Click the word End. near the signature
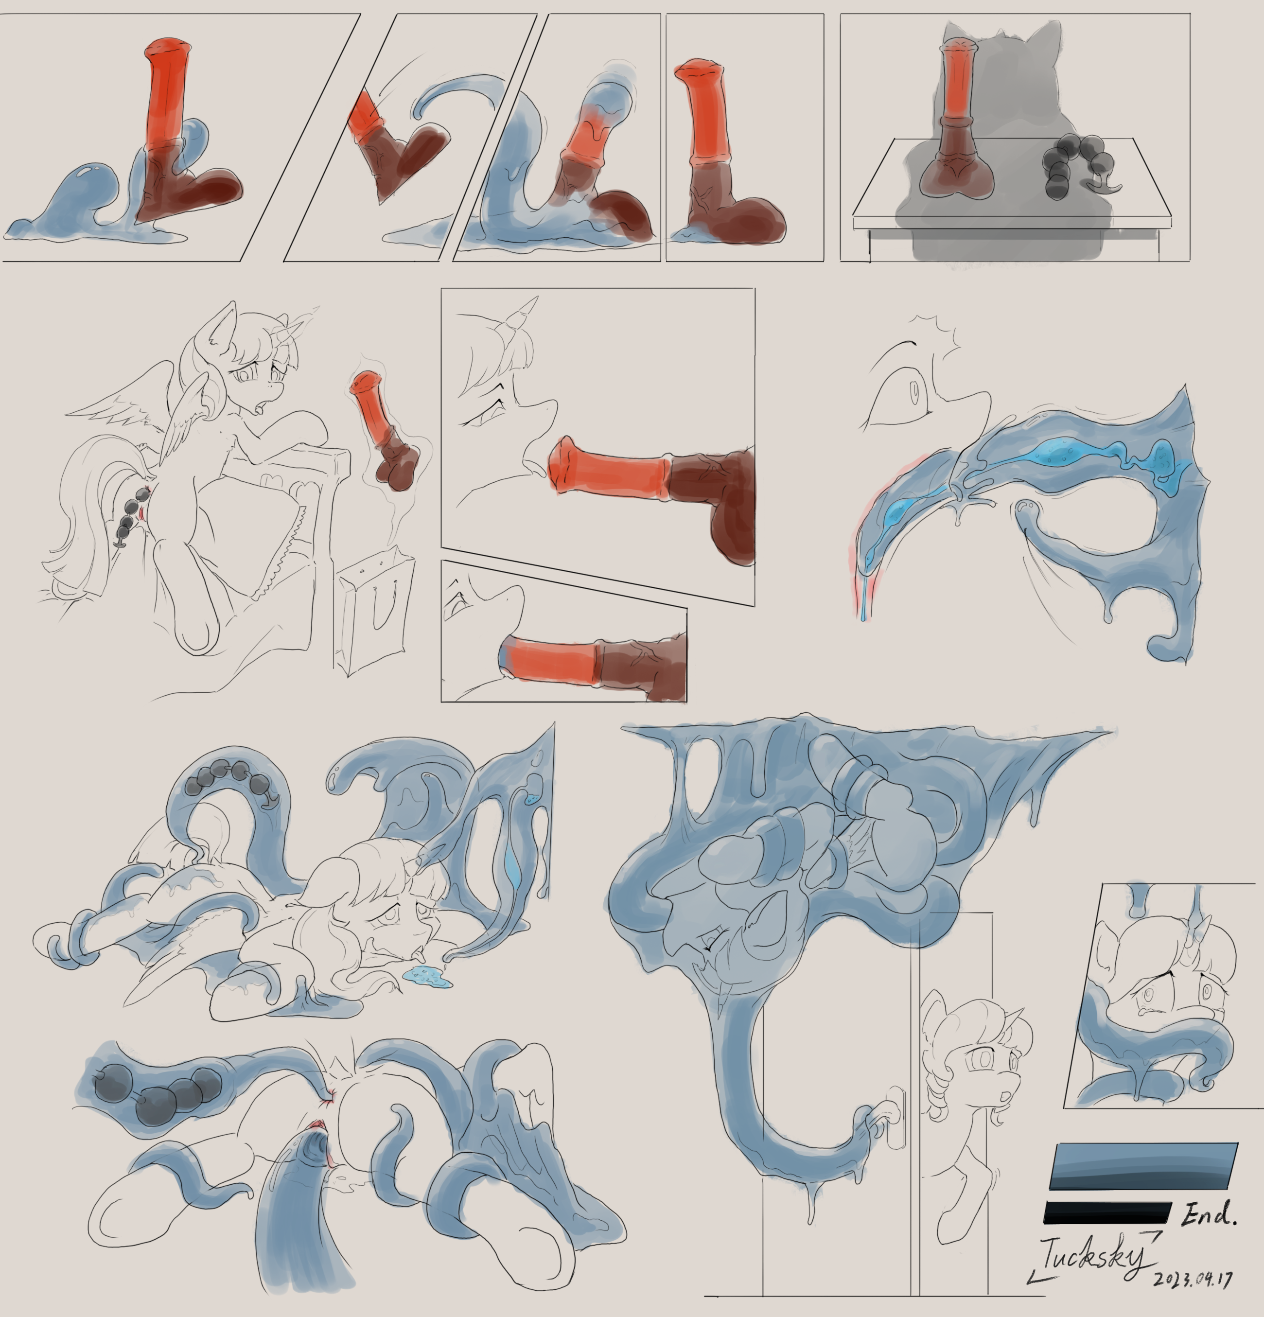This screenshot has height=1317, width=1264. (x=1209, y=1213)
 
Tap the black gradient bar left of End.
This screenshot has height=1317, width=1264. (x=1107, y=1213)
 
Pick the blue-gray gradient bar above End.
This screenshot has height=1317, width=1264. (x=1143, y=1166)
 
